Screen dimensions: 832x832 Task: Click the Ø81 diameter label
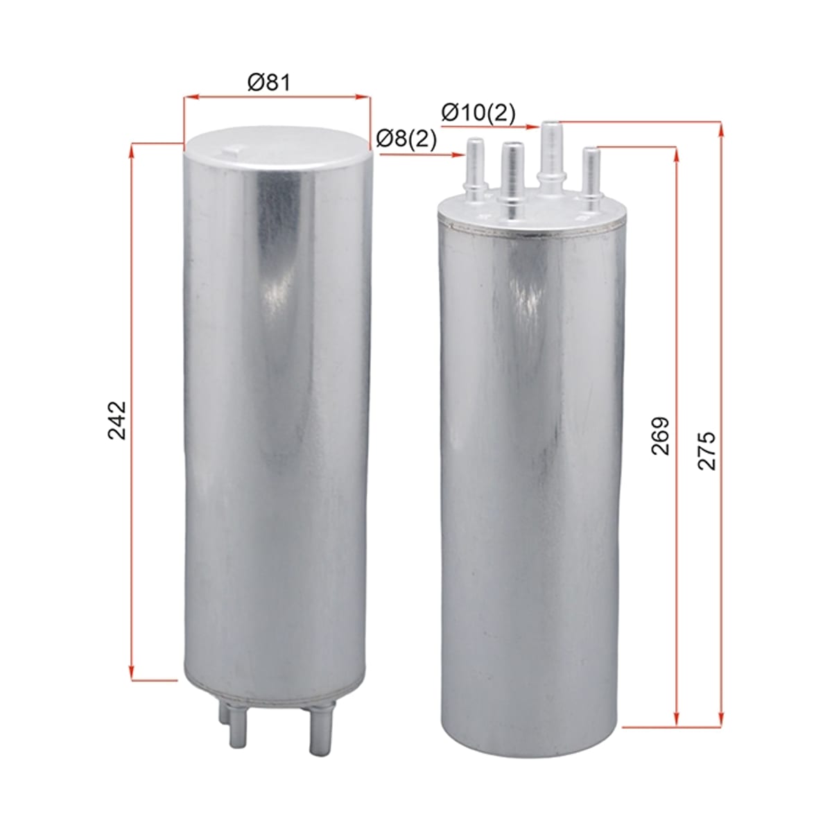[269, 83]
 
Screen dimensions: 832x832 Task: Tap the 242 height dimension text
[116, 420]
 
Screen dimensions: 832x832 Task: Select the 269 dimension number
[659, 435]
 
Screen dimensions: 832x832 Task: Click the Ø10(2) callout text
[478, 114]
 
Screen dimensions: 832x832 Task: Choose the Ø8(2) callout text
[406, 139]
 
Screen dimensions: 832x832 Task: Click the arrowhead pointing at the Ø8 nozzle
[460, 155]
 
